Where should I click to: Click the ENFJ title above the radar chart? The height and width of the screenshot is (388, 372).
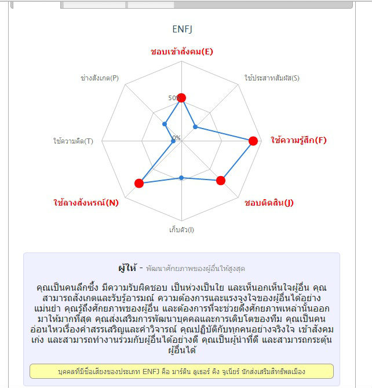click(x=182, y=29)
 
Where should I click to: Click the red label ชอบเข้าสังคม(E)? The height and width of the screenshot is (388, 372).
click(x=182, y=52)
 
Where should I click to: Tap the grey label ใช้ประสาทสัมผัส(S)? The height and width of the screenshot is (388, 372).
click(x=272, y=78)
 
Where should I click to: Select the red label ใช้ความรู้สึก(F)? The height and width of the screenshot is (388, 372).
click(x=299, y=140)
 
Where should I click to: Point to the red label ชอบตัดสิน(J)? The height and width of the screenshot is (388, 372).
click(x=269, y=203)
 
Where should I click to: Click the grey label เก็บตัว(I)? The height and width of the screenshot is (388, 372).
click(x=182, y=230)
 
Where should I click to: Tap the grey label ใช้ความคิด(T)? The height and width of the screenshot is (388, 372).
click(x=73, y=141)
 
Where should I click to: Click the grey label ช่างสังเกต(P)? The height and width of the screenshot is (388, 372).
click(x=100, y=78)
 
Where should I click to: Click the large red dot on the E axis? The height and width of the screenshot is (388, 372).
click(x=182, y=98)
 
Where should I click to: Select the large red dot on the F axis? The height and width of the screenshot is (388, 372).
click(x=253, y=141)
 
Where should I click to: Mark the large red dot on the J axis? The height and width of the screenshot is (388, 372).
click(x=220, y=181)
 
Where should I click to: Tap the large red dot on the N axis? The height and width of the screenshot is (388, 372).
click(x=139, y=184)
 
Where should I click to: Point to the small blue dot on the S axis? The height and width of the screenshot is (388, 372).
click(x=195, y=127)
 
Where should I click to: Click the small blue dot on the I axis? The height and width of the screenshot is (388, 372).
click(x=182, y=178)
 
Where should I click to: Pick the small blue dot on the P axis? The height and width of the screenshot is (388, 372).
click(x=165, y=123)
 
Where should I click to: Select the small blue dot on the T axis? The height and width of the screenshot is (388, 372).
click(x=173, y=141)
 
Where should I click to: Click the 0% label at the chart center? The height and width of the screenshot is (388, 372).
click(x=176, y=138)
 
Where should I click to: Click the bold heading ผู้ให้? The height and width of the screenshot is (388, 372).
click(x=126, y=268)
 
